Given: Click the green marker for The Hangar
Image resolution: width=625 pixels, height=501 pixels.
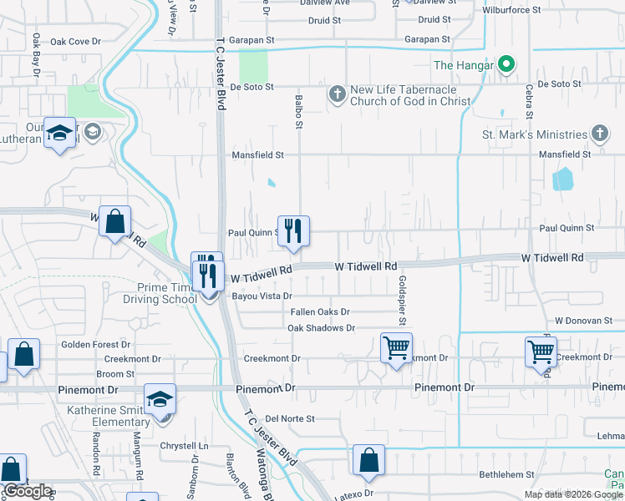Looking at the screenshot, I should pyautogui.click(x=506, y=63).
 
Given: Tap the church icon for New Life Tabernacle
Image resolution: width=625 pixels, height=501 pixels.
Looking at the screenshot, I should pyautogui.click(x=337, y=94).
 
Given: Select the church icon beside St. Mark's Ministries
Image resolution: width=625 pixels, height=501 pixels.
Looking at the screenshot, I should pyautogui.click(x=599, y=134).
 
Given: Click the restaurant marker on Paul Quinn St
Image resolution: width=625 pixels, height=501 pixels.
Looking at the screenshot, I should pyautogui.click(x=292, y=231).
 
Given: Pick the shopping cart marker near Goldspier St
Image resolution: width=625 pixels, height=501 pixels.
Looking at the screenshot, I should pyautogui.click(x=396, y=347).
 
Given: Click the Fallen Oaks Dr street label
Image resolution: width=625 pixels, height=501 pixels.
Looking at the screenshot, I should pyautogui.click(x=320, y=311).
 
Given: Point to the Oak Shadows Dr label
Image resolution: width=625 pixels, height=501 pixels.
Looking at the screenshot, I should pyautogui.click(x=321, y=328).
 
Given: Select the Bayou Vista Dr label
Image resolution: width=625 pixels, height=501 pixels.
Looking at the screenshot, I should pyautogui.click(x=263, y=296).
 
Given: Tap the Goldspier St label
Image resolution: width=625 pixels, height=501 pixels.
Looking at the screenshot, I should pyautogui.click(x=402, y=301).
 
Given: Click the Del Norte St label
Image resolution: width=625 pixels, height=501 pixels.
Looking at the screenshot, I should pyautogui.click(x=289, y=418).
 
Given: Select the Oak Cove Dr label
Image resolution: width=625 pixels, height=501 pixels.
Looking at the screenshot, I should pyautogui.click(x=75, y=41).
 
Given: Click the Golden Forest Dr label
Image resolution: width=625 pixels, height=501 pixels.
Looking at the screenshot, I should pyautogui.click(x=96, y=344).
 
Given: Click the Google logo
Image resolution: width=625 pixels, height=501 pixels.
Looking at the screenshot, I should pyautogui.click(x=28, y=491).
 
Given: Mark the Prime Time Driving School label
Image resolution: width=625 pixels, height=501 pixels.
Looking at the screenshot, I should pyautogui.click(x=160, y=292).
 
